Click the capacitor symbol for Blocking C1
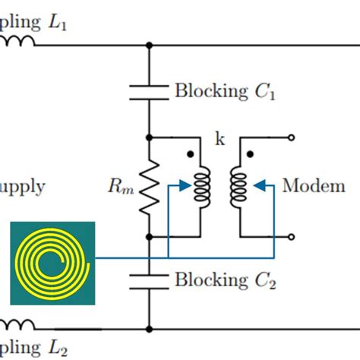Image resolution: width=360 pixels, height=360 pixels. tap(149, 92)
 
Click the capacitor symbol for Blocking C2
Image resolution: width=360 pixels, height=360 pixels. tap(149, 281)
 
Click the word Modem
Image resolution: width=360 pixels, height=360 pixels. tap(314, 186)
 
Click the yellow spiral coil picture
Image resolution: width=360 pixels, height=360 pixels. tap(52, 263)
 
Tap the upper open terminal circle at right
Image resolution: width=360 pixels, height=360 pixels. tap(292, 138)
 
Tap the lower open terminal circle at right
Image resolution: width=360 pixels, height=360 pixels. tap(292, 236)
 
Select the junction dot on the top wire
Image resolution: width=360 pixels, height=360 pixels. tap(149, 46)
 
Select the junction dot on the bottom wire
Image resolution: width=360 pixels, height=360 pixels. tap(149, 329)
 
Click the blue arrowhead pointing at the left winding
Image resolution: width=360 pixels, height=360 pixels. tap(182, 183)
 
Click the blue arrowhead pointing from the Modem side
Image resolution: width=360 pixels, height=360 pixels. tap(258, 183)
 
